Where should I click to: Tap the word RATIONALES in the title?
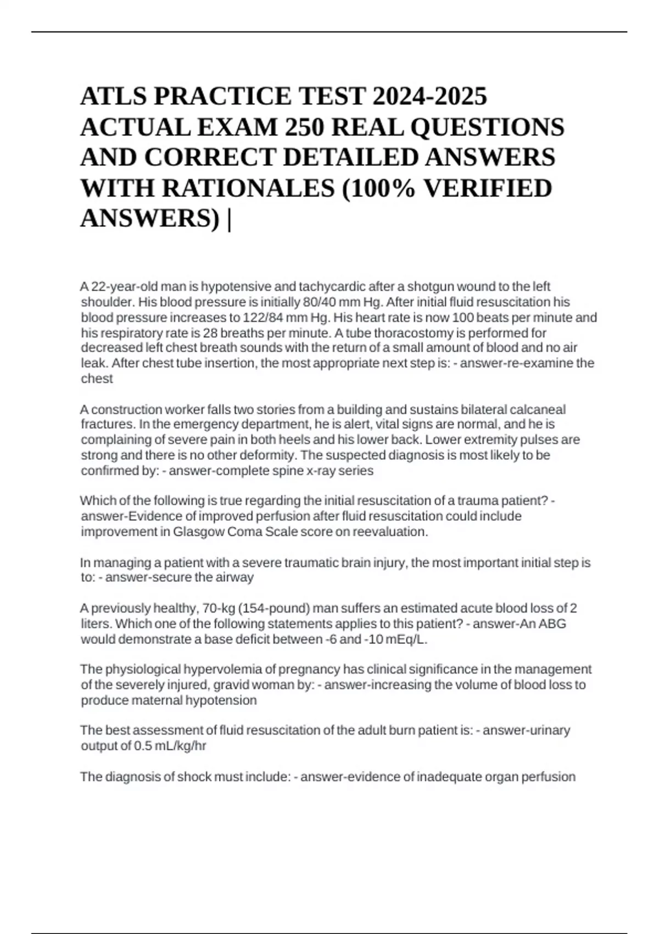(248, 188)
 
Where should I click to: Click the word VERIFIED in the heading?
(488, 188)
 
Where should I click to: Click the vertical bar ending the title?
(228, 219)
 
